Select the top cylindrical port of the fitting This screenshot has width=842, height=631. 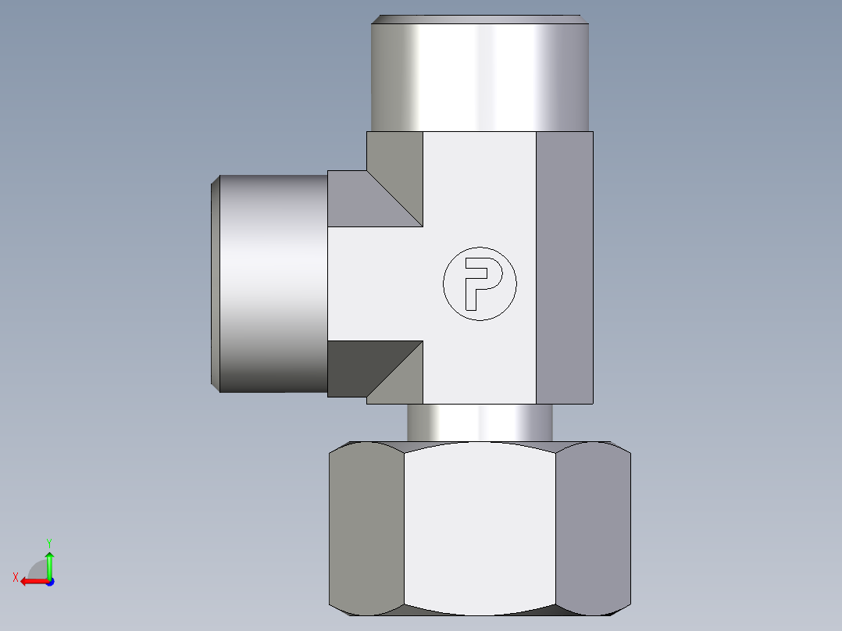coord(480,73)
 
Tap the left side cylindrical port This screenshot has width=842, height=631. coord(269,283)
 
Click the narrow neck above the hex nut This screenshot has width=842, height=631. coord(480,422)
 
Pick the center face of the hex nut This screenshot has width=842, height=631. coord(480,529)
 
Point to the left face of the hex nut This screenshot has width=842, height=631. coord(366,529)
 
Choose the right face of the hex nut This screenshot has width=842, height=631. coord(594,529)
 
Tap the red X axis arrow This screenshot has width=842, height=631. coord(35,582)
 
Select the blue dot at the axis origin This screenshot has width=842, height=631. coord(50,582)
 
